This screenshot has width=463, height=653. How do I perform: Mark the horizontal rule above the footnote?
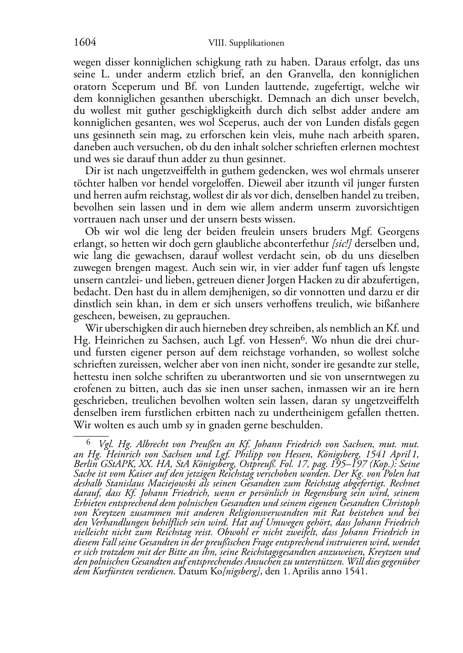click(91, 435)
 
